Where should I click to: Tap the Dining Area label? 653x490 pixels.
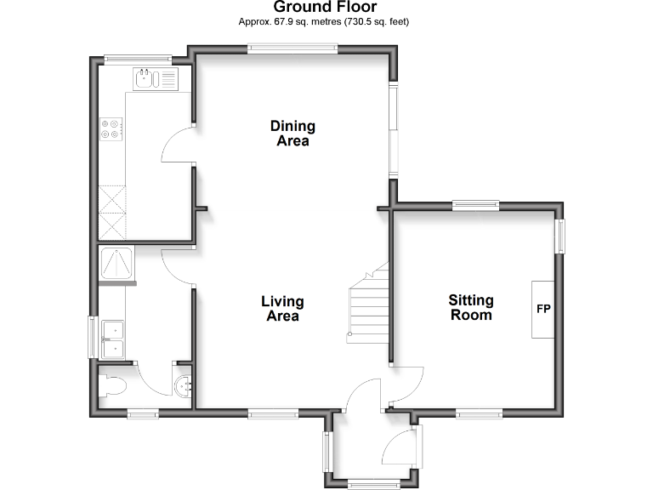292,134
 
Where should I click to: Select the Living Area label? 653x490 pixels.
282,308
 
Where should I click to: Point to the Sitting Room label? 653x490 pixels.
470,307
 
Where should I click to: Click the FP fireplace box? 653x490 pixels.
543,308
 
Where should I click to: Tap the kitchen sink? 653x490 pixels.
155,80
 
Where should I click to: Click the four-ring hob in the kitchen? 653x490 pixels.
111,128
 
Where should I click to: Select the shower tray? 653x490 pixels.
117,264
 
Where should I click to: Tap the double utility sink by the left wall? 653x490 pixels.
113,339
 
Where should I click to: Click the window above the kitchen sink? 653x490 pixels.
138,59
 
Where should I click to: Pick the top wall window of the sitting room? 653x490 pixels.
474,204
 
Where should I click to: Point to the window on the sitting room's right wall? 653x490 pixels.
559,237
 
